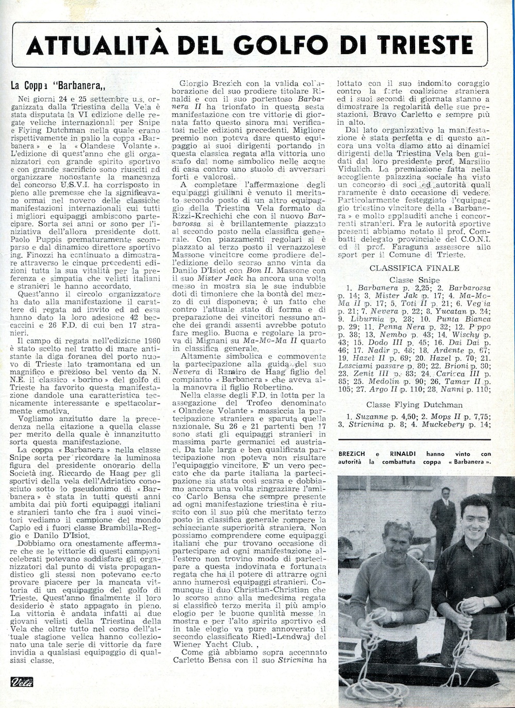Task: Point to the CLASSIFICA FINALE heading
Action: pos(415,268)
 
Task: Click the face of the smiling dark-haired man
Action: pos(476,518)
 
